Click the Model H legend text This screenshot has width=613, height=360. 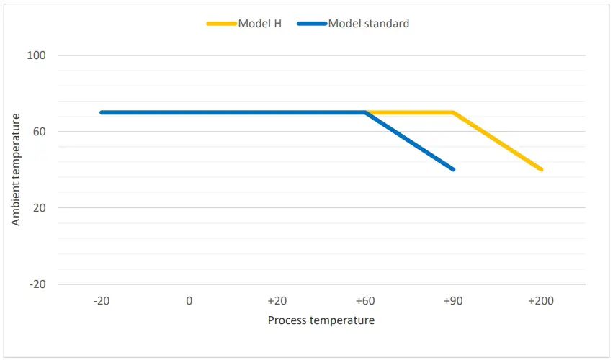coord(260,24)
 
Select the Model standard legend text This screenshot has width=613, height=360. coord(368,24)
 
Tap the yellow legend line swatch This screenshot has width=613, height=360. coord(222,24)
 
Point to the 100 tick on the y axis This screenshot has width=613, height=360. coord(37,55)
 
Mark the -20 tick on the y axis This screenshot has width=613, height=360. coord(37,284)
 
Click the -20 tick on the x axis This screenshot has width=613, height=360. coord(101,301)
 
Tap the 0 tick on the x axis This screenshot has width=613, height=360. coord(189,301)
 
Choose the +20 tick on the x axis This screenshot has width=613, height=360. coord(277,301)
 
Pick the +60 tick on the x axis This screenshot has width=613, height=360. coord(365,301)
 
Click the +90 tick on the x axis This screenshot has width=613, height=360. coord(453,301)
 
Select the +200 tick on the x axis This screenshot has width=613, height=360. coord(541,301)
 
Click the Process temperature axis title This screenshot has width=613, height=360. coord(321,320)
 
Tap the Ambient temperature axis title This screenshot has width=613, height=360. coord(16,170)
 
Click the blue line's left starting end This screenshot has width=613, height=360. coord(102,112)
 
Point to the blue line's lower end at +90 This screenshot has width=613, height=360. coord(453,169)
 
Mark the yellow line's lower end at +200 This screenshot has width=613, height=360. coord(541,169)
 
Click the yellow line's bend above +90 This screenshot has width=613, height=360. coord(453,112)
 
